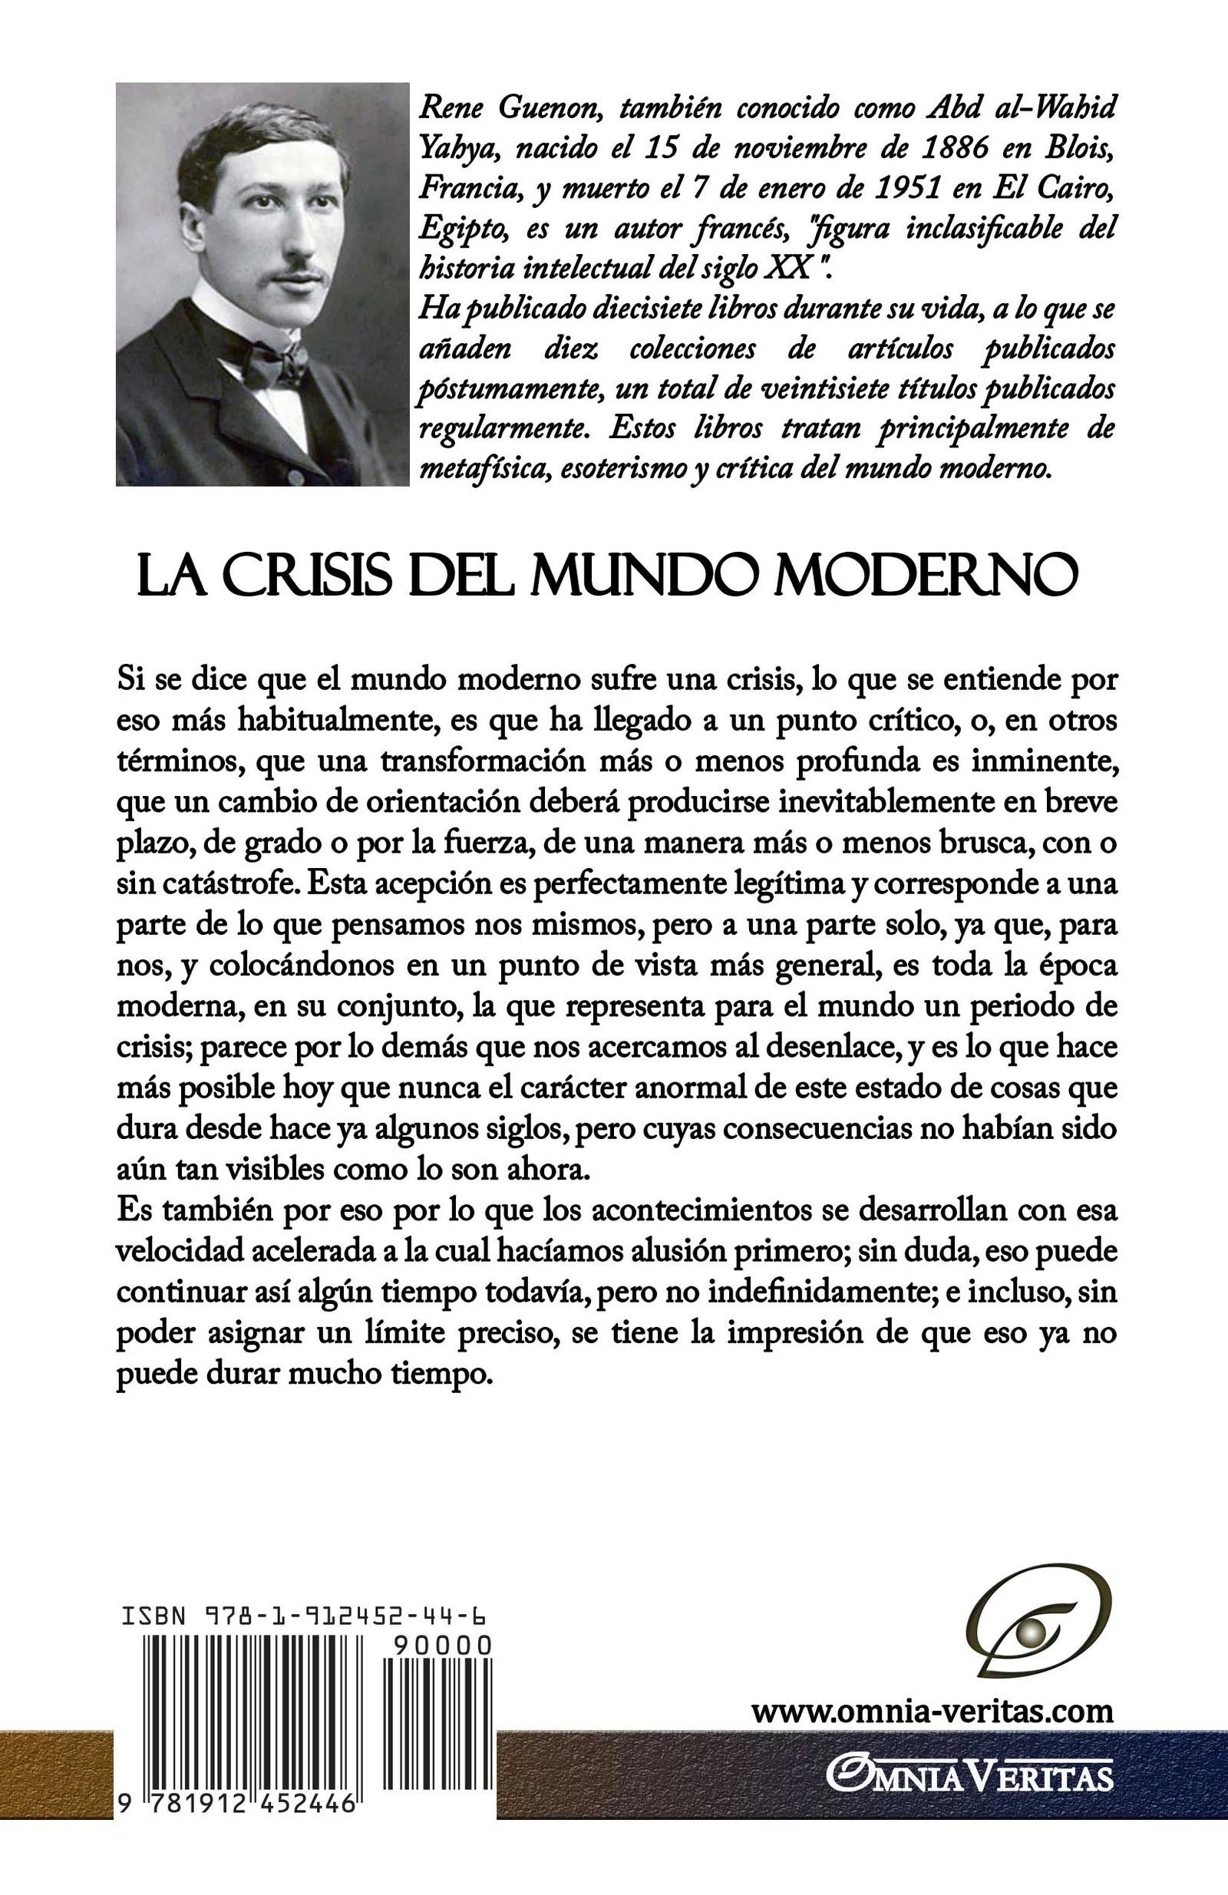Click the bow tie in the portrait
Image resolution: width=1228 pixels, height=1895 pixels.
pyautogui.click(x=275, y=365)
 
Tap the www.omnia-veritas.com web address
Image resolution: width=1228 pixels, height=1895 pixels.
pyautogui.click(x=932, y=1710)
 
